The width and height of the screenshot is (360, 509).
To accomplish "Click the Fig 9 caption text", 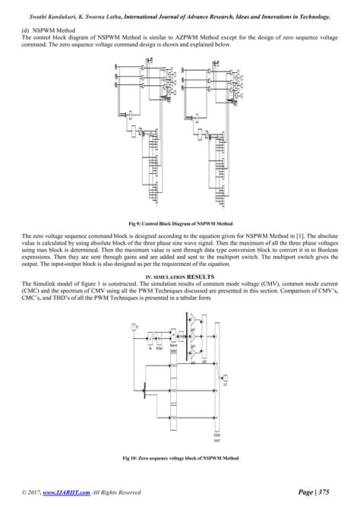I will pos(179,224).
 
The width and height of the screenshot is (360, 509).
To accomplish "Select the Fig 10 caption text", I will pos(179,458).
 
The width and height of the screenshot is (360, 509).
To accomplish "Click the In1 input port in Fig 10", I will pos(134,326).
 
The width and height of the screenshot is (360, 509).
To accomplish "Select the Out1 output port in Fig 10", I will pos(225,378).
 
